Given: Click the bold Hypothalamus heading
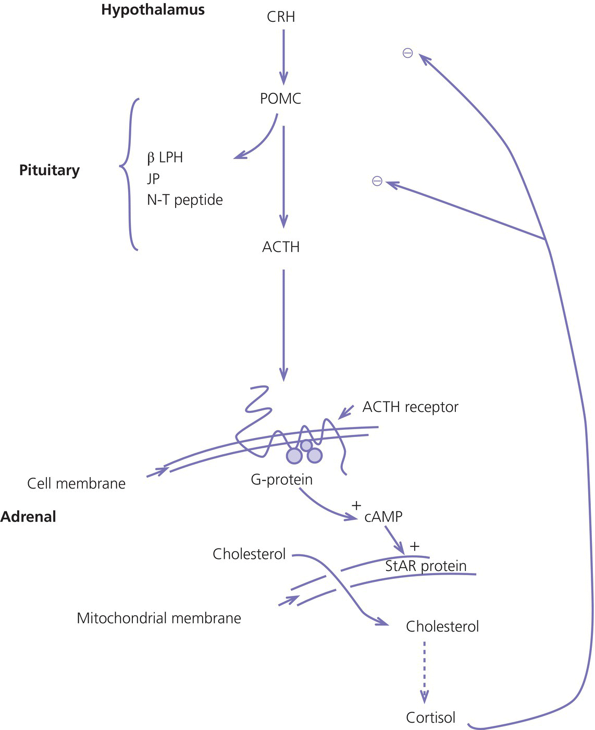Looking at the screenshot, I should pyautogui.click(x=153, y=10).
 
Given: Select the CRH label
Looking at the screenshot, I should pyautogui.click(x=281, y=17).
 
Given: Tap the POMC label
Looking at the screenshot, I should pyautogui.click(x=280, y=99).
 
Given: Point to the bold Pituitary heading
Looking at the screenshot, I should pyautogui.click(x=49, y=171).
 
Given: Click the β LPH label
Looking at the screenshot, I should pyautogui.click(x=165, y=157).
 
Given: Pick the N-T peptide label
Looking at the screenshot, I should pyautogui.click(x=184, y=200).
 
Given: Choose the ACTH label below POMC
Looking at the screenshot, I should pyautogui.click(x=281, y=247).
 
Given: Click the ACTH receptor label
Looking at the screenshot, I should pyautogui.click(x=410, y=407).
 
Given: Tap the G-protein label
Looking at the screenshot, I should pyautogui.click(x=281, y=479).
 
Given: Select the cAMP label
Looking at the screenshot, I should pyautogui.click(x=383, y=517).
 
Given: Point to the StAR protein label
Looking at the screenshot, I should pyautogui.click(x=426, y=566).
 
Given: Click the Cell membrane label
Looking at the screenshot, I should pyautogui.click(x=76, y=483).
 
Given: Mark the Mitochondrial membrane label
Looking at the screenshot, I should pyautogui.click(x=158, y=618).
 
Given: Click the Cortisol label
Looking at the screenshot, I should pyautogui.click(x=430, y=717).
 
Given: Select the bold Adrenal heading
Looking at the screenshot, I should pyautogui.click(x=28, y=517).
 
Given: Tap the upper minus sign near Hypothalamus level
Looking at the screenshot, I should pyautogui.click(x=407, y=53).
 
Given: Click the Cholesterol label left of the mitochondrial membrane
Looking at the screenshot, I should pyautogui.click(x=249, y=554).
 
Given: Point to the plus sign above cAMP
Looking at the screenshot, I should pyautogui.click(x=356, y=505).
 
